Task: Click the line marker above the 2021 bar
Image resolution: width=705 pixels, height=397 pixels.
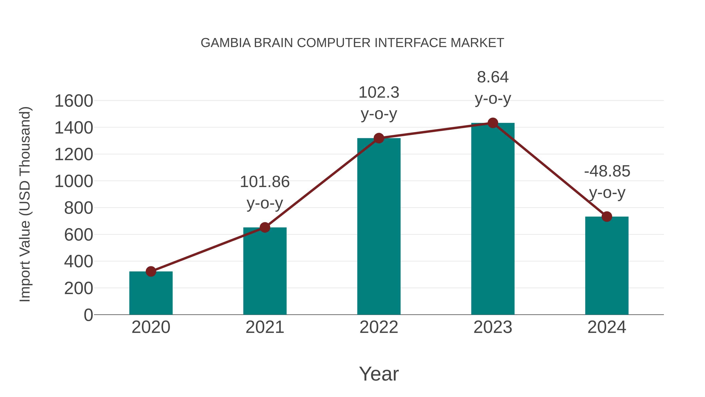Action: point(265,227)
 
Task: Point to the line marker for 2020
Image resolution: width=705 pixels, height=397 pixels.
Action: point(151,272)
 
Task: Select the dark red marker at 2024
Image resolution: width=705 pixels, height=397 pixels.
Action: point(607,216)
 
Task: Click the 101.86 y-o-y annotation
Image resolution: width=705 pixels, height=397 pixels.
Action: point(265,192)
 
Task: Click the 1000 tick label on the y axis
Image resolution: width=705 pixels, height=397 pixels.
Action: point(74,181)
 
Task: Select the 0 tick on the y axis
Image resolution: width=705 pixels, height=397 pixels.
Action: point(88,315)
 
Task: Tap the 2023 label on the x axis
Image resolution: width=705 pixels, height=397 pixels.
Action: point(493,327)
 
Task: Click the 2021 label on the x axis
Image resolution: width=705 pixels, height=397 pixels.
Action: point(265,327)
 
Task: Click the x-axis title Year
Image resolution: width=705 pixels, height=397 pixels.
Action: point(379,374)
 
